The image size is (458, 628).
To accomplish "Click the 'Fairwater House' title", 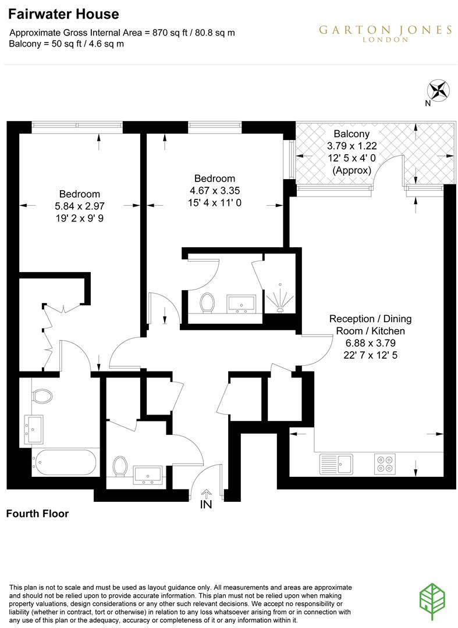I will [64, 15].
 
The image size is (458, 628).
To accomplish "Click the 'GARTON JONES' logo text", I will [385, 30].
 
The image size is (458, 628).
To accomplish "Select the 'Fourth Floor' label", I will [37, 513].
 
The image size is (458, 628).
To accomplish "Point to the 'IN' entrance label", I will [206, 505].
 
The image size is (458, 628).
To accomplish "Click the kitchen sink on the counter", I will [336, 464].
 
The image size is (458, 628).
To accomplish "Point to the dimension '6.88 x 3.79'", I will [370, 343].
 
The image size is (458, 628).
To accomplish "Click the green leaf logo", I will [434, 599].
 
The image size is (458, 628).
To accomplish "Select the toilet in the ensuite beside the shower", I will [207, 302].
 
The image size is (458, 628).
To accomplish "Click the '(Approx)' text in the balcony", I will [352, 170].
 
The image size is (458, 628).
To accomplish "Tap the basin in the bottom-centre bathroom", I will [148, 474].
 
